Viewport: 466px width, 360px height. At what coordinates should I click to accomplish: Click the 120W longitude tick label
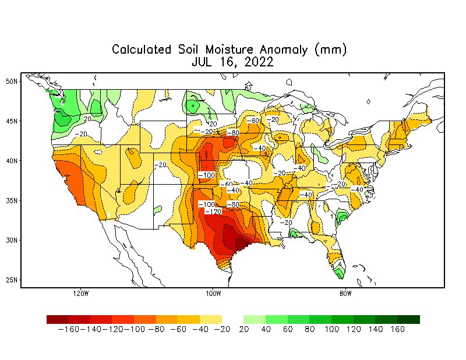coord(81,293)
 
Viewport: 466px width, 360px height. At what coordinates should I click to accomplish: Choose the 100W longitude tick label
coord(213,293)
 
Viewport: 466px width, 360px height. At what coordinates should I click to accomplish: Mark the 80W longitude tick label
coord(345,293)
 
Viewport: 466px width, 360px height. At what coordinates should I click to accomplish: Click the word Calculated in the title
coord(142,50)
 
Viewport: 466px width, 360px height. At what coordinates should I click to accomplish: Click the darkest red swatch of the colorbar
coord(58,319)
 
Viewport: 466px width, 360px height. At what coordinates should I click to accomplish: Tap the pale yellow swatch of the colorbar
coord(211,319)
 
